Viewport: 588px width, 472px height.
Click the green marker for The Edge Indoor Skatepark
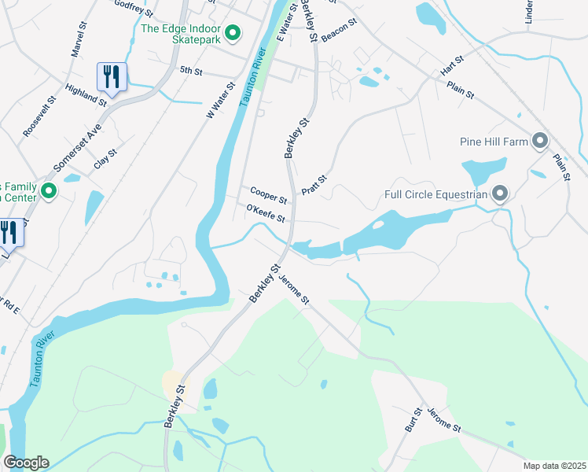(x=233, y=33)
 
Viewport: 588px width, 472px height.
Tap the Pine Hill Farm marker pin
(x=539, y=142)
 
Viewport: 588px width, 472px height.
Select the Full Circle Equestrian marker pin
(x=498, y=194)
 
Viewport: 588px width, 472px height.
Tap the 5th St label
(x=191, y=70)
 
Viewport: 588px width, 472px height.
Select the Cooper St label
(x=268, y=193)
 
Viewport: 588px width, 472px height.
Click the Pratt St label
(x=314, y=186)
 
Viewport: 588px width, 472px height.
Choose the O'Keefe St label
(x=264, y=213)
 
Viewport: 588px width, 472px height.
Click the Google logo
(x=26, y=463)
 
